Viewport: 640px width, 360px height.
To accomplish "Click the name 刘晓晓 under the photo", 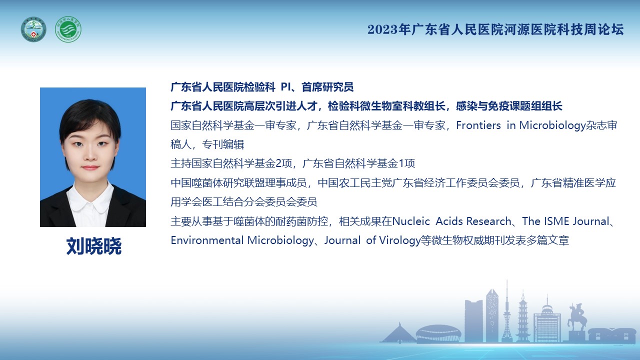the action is click(x=93, y=246).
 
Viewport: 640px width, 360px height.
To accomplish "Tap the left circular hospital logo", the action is click(x=33, y=29).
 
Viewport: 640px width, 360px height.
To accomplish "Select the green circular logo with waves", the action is click(x=68, y=29).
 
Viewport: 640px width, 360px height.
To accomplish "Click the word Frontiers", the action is click(x=478, y=125).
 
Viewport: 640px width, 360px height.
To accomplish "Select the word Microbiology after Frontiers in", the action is click(x=552, y=125).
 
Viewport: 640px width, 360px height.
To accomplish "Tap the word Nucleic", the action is click(x=411, y=221).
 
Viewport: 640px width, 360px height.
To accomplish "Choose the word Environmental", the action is click(x=207, y=240).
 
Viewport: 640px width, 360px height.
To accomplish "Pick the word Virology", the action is click(x=400, y=240).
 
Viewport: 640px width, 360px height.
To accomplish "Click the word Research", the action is click(x=488, y=221).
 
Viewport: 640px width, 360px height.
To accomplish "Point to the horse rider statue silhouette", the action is click(x=577, y=317).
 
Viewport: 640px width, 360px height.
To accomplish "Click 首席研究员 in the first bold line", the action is click(x=327, y=87).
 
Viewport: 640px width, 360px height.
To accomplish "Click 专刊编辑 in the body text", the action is click(x=223, y=144).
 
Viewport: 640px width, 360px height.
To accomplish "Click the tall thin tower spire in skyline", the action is click(x=507, y=311).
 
